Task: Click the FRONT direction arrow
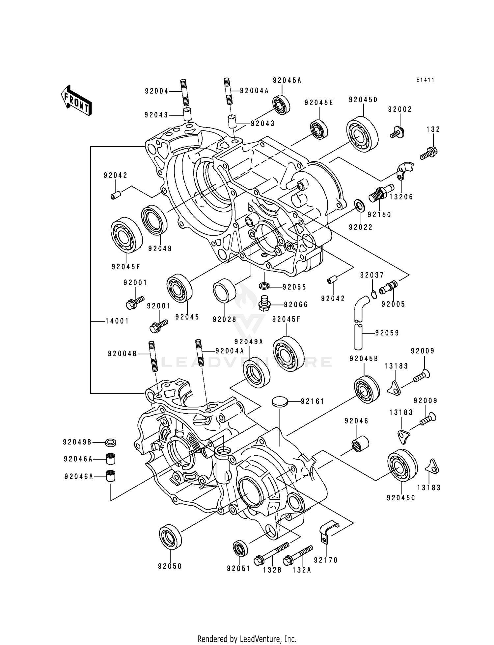coord(76,100)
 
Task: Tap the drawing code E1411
coord(425,80)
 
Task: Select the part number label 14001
coord(117,321)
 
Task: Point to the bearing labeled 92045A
coord(281,105)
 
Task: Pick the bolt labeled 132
coord(428,154)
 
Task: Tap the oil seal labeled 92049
coord(154,220)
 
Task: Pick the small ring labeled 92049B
coord(111,442)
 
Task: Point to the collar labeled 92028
coord(225,291)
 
